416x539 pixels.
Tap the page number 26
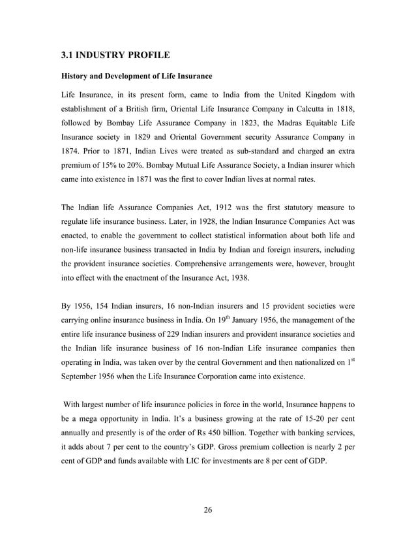pyautogui.click(x=207, y=510)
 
